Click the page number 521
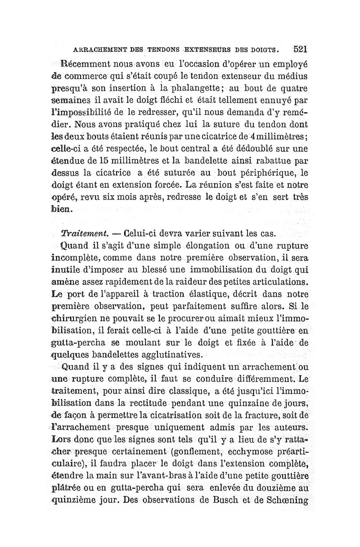[299, 48]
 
